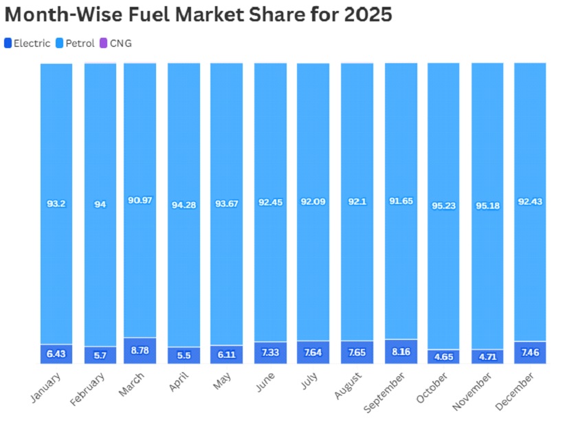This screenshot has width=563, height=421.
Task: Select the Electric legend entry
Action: [x=27, y=43]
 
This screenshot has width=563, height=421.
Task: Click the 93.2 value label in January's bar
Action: [x=56, y=203]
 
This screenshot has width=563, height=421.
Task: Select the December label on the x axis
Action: [x=516, y=390]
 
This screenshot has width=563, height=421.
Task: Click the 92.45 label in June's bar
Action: [x=270, y=203]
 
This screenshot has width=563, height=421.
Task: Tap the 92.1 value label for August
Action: [x=357, y=203]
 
